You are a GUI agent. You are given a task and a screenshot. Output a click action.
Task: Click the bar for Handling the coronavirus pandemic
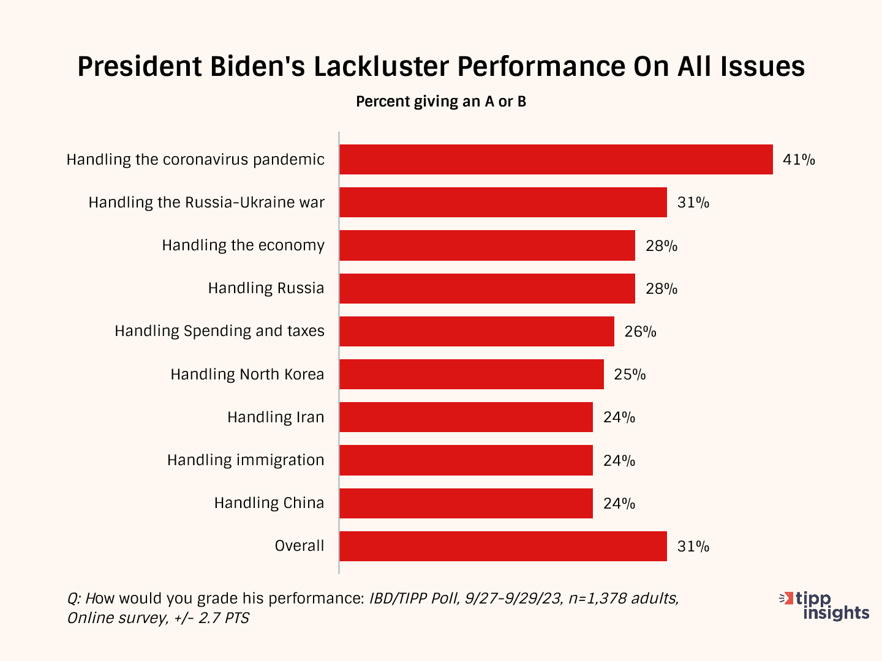[x=556, y=160]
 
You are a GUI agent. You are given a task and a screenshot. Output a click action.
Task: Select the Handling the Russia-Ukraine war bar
[x=503, y=203]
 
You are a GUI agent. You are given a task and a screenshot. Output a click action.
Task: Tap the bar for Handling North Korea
[x=472, y=374]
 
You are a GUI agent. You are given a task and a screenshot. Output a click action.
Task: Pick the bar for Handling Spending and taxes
[x=477, y=331]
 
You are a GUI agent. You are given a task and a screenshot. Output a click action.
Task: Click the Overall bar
[x=503, y=546]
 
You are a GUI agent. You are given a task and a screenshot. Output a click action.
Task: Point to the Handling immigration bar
[x=466, y=460]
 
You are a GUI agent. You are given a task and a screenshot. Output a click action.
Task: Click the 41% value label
[x=799, y=160]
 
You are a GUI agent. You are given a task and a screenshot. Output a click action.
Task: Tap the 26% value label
[x=640, y=332]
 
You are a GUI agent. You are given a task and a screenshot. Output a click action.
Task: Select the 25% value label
[x=630, y=375]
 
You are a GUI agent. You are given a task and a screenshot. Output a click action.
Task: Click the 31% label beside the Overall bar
[x=693, y=547]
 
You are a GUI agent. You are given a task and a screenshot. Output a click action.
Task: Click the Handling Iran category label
[x=276, y=417]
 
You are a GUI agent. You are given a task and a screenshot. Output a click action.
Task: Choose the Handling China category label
[x=269, y=503]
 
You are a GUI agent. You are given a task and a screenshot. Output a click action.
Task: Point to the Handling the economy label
[x=243, y=245]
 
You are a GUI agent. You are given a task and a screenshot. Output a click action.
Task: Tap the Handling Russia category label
[x=266, y=288]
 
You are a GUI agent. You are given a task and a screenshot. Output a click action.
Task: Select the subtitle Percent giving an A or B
[x=441, y=102]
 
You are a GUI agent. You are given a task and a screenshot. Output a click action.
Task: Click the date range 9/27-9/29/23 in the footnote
[x=513, y=598]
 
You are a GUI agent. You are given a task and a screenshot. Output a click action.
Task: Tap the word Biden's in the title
[x=258, y=66]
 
